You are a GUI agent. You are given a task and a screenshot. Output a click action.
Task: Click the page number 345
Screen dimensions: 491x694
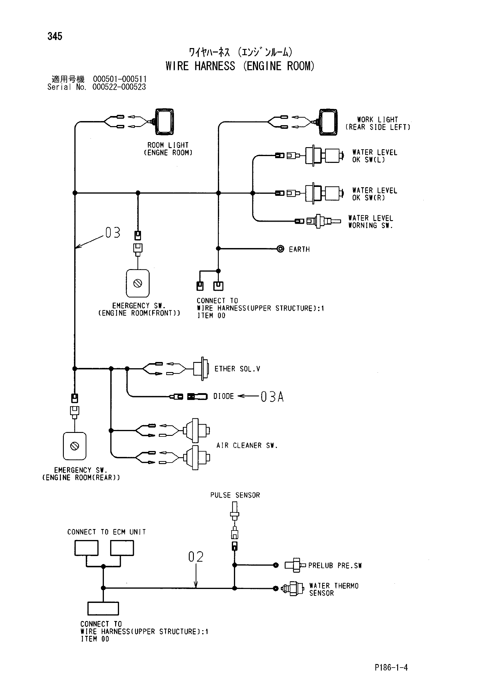55,36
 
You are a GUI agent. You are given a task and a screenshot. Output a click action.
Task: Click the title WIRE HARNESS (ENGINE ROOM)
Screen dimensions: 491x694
240,66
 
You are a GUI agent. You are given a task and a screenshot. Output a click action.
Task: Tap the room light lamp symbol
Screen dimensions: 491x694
164,122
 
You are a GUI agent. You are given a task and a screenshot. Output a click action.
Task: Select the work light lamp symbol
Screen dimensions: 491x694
328,122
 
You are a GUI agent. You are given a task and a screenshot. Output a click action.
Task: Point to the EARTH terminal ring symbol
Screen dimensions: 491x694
281,249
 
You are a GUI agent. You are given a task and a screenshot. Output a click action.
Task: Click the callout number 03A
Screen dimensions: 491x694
272,397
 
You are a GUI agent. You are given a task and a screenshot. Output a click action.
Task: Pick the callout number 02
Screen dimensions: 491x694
196,557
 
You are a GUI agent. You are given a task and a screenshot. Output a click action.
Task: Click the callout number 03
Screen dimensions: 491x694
113,232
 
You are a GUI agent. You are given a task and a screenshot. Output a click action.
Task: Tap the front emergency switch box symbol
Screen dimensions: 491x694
137,284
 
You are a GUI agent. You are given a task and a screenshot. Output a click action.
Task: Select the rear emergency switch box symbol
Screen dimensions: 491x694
75,446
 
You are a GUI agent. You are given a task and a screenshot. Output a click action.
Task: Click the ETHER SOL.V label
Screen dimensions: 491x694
237,369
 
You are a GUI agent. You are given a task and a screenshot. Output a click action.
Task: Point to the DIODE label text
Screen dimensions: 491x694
224,396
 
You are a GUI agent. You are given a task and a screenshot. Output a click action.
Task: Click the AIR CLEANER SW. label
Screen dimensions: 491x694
247,446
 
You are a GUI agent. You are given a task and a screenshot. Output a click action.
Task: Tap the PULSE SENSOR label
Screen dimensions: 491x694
235,495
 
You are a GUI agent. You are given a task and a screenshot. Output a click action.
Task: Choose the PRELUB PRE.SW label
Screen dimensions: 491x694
335,566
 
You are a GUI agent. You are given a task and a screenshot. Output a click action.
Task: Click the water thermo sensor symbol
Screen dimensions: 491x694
292,588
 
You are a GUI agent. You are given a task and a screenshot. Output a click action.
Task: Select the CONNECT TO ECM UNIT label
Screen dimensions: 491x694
107,532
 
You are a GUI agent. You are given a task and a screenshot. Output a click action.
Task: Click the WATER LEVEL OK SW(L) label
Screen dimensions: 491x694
375,156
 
